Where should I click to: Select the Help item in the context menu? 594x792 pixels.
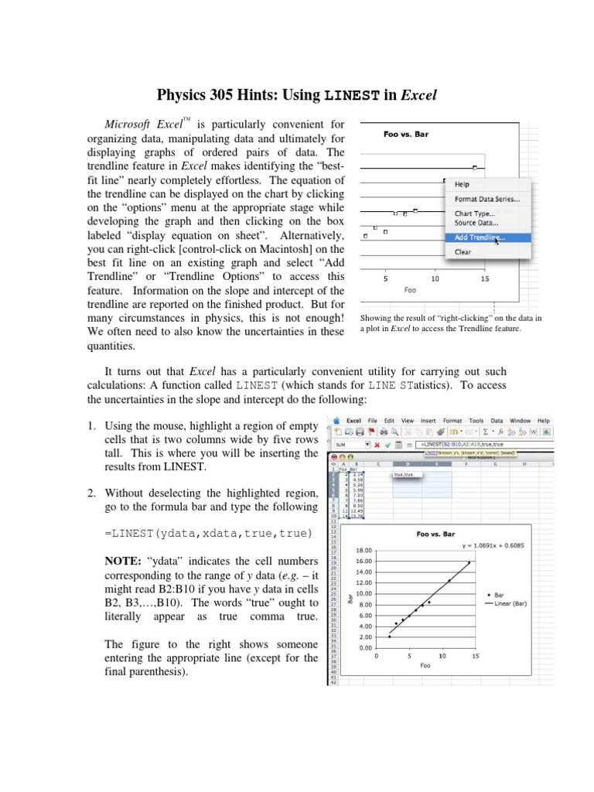pyautogui.click(x=462, y=185)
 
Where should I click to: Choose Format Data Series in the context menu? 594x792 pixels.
pyautogui.click(x=486, y=199)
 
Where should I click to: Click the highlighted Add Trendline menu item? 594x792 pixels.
pyautogui.click(x=480, y=237)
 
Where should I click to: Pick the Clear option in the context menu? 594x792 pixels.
pyautogui.click(x=463, y=251)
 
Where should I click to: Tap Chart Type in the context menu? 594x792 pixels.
pyautogui.click(x=475, y=213)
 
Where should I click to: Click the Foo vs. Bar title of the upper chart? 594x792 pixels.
pyautogui.click(x=406, y=134)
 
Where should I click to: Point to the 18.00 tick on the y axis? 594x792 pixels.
pyautogui.click(x=364, y=551)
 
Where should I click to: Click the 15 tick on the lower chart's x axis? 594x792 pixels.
pyautogui.click(x=475, y=656)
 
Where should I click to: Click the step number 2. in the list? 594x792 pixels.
pyautogui.click(x=90, y=492)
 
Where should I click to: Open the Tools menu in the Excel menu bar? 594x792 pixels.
pyautogui.click(x=476, y=421)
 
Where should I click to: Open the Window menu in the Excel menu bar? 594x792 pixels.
pyautogui.click(x=521, y=421)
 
